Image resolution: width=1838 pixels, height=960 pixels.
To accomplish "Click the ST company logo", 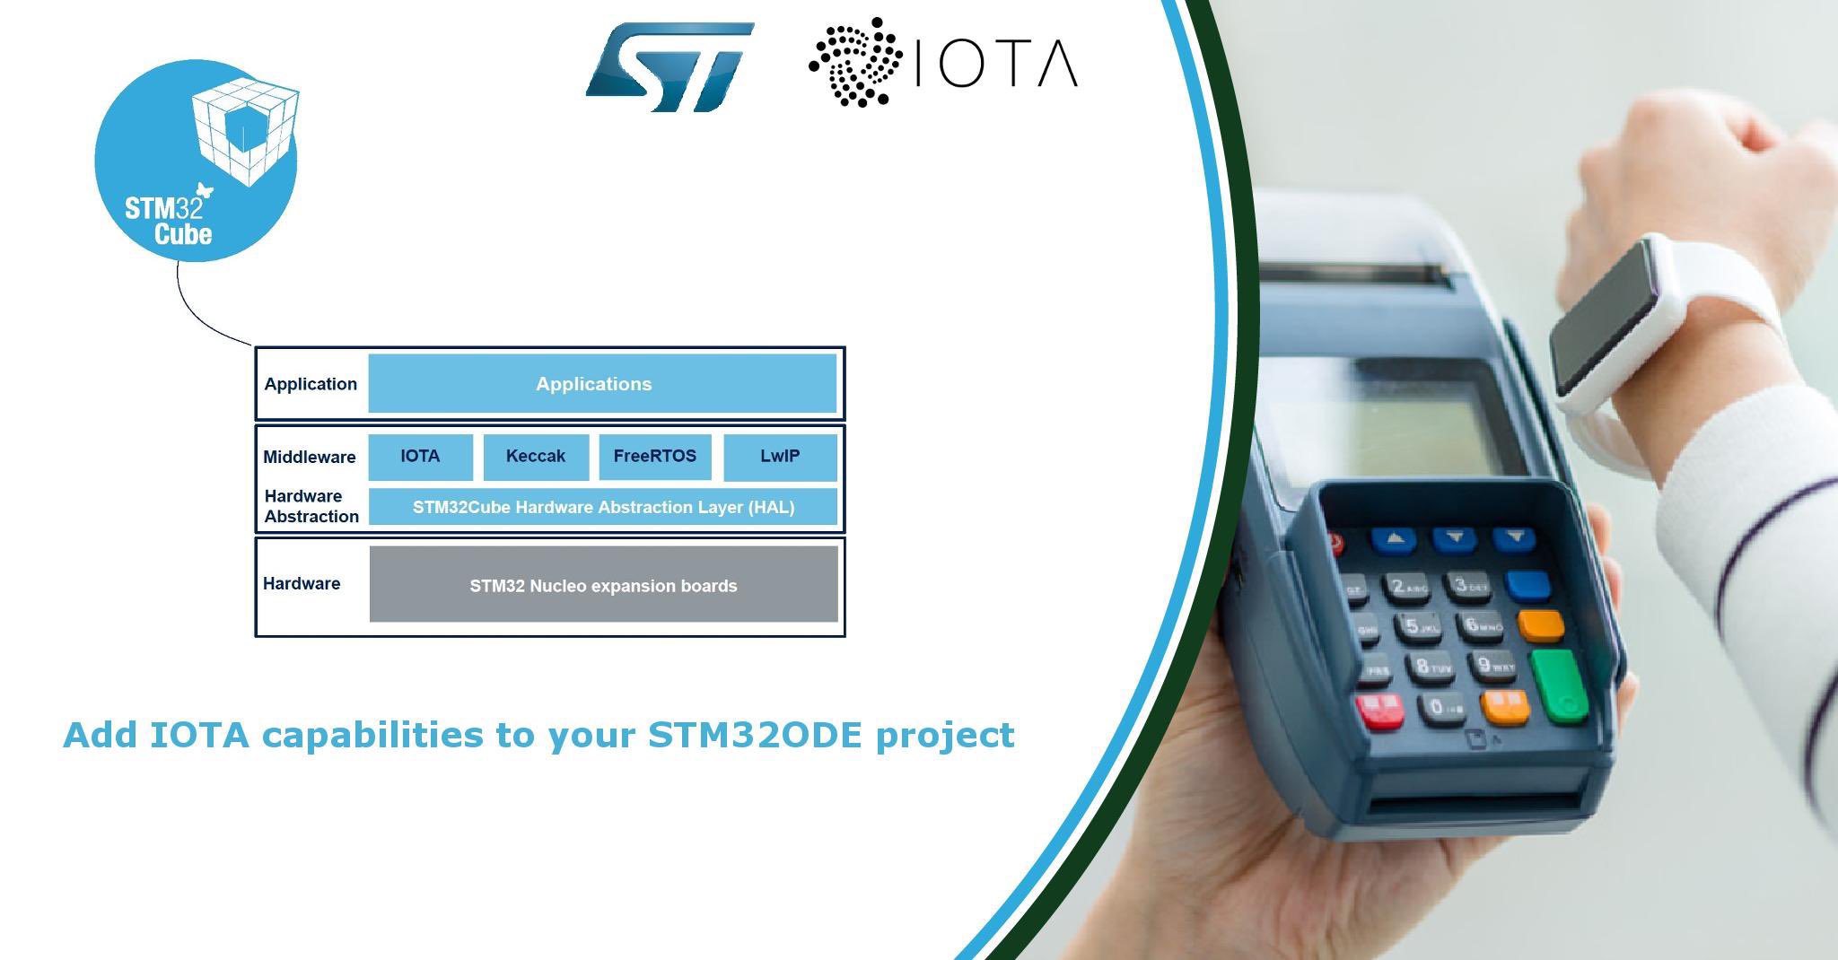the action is click(x=670, y=67).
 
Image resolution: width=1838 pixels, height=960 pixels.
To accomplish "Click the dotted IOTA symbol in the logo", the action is click(x=854, y=62).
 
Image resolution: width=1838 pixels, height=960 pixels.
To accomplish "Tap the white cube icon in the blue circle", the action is click(x=245, y=132).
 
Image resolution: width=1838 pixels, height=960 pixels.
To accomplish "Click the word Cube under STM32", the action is click(x=183, y=234).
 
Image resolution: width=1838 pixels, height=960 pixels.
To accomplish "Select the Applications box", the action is click(x=602, y=384).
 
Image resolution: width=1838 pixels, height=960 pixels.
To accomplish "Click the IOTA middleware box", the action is click(x=420, y=457).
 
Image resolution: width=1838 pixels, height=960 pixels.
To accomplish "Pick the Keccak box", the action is click(x=536, y=457).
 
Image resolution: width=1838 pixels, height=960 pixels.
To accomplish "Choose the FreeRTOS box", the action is click(x=655, y=457).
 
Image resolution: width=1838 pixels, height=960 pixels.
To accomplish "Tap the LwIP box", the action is click(x=780, y=457).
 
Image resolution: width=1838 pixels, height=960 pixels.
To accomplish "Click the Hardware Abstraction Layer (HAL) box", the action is click(x=603, y=507).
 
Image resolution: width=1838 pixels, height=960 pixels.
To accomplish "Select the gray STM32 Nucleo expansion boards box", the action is click(x=604, y=584).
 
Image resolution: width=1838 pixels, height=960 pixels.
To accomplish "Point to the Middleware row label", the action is click(x=310, y=457).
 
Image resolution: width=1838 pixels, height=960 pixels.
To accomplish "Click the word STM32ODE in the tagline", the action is click(x=755, y=735).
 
